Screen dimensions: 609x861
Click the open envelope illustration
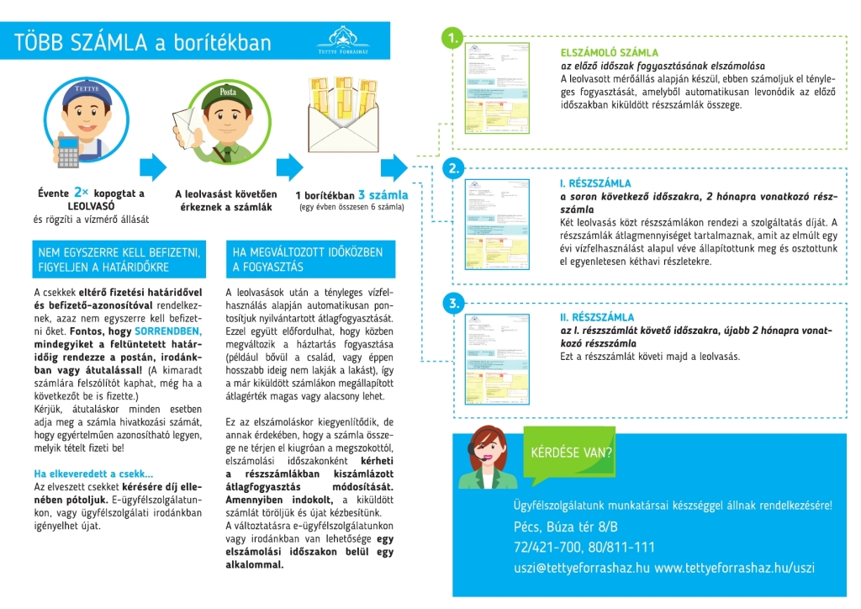tap(345, 126)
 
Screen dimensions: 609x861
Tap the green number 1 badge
tap(453, 39)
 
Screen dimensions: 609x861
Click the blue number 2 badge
tap(453, 168)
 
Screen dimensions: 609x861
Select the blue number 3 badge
tap(453, 303)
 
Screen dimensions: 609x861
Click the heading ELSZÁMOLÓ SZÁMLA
tap(609, 52)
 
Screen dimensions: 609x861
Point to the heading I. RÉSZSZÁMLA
tap(595, 183)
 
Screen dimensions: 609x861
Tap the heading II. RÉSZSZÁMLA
tap(597, 317)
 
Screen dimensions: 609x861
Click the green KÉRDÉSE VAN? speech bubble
tap(572, 453)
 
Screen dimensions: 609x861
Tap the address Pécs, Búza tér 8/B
tap(565, 527)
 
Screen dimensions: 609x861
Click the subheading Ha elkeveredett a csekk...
tap(93, 474)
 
